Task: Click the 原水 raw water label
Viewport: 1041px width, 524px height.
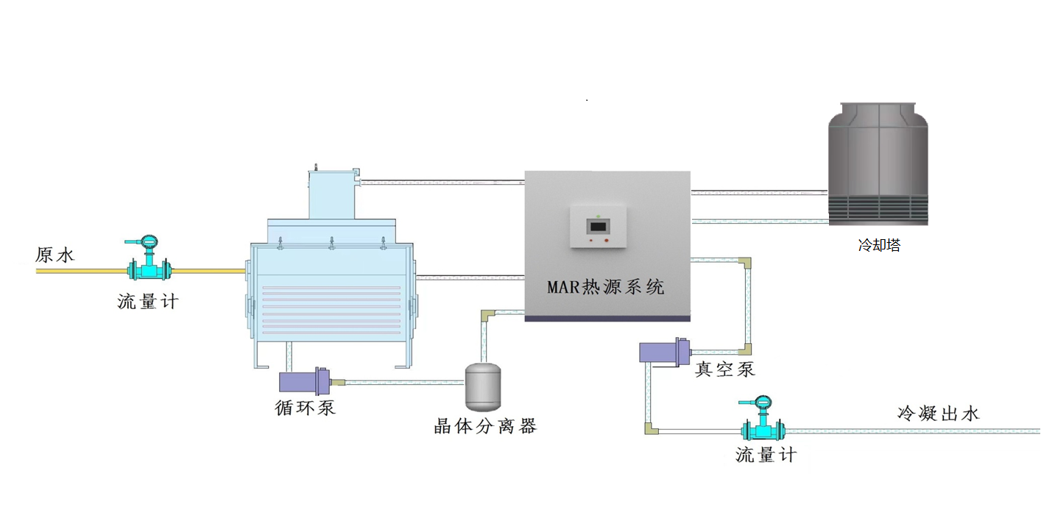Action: click(54, 255)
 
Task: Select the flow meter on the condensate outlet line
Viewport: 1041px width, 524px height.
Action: click(762, 418)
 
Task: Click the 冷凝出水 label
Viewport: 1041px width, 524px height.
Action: click(938, 413)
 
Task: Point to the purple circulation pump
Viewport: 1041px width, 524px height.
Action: click(305, 381)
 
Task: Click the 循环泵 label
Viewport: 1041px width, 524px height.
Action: click(305, 408)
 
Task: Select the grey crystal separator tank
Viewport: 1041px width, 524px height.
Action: click(483, 387)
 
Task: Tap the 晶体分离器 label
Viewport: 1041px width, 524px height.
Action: click(484, 426)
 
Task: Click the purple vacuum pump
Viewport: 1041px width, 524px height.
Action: click(665, 352)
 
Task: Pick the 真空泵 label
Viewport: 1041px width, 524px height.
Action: click(724, 369)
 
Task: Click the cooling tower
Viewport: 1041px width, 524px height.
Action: click(878, 164)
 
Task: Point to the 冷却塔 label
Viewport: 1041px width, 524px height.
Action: click(879, 245)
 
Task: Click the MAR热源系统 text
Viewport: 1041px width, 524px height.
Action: click(606, 286)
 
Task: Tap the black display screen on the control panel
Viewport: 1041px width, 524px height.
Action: click(598, 227)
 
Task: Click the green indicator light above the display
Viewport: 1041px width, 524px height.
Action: click(598, 216)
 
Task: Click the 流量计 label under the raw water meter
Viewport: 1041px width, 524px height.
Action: click(148, 302)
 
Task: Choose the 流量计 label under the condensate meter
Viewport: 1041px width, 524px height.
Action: click(766, 455)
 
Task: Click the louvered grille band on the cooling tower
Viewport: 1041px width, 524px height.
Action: click(878, 210)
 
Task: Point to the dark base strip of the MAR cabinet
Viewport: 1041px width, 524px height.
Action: click(607, 319)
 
